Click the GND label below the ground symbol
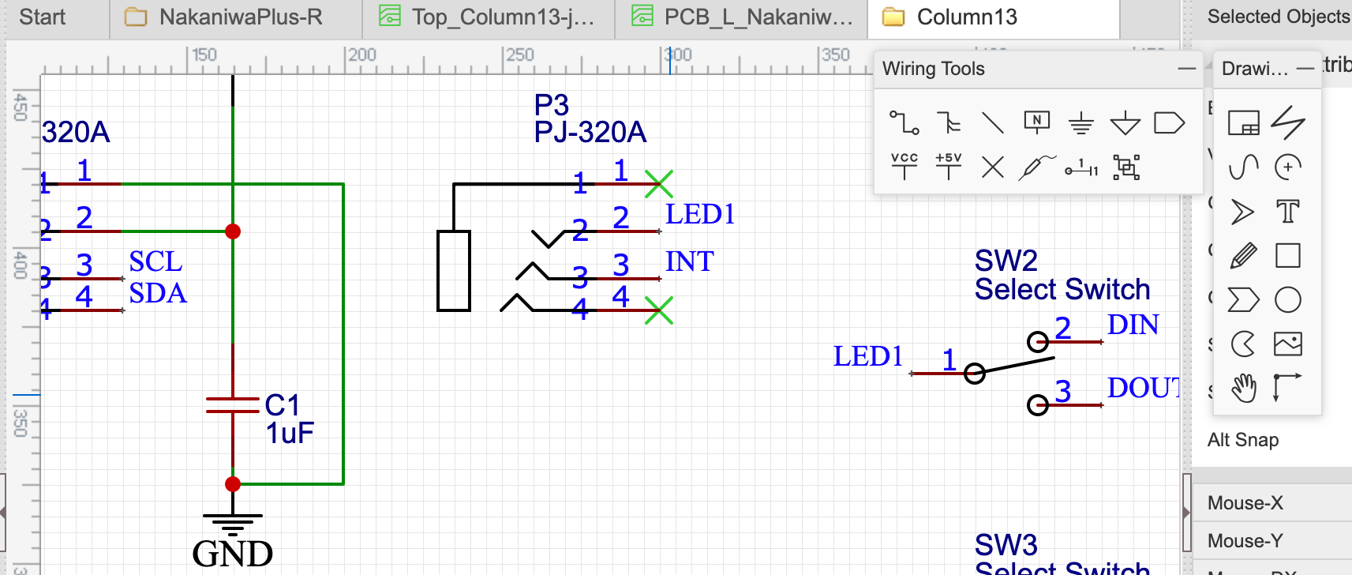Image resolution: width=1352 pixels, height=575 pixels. [x=232, y=554]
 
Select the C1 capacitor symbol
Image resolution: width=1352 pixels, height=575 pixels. [x=232, y=405]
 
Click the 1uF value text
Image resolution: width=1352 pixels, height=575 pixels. [x=290, y=434]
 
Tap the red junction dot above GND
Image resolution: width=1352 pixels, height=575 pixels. [x=233, y=484]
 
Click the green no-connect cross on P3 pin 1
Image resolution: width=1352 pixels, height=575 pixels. [x=658, y=184]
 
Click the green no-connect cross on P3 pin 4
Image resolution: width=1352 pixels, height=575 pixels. [x=658, y=310]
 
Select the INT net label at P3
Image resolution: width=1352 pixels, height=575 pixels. [x=689, y=261]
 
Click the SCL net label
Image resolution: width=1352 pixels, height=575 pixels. [x=155, y=261]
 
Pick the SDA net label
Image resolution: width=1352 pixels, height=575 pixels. [x=158, y=293]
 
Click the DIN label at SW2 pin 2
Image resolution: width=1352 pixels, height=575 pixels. [x=1133, y=325]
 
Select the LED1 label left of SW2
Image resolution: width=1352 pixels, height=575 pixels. [x=867, y=356]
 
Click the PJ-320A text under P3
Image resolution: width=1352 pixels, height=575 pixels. [x=590, y=132]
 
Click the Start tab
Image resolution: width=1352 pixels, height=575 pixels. [x=42, y=17]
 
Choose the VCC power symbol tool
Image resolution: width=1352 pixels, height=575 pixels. [x=904, y=166]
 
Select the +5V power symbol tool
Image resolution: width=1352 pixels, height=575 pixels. [x=948, y=166]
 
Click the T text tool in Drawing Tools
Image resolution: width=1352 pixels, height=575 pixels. [x=1287, y=212]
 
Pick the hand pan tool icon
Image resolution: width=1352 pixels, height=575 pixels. [x=1243, y=388]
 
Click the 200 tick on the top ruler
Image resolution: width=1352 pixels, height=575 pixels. [x=362, y=55]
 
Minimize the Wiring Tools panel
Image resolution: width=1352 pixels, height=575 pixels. [x=1186, y=69]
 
